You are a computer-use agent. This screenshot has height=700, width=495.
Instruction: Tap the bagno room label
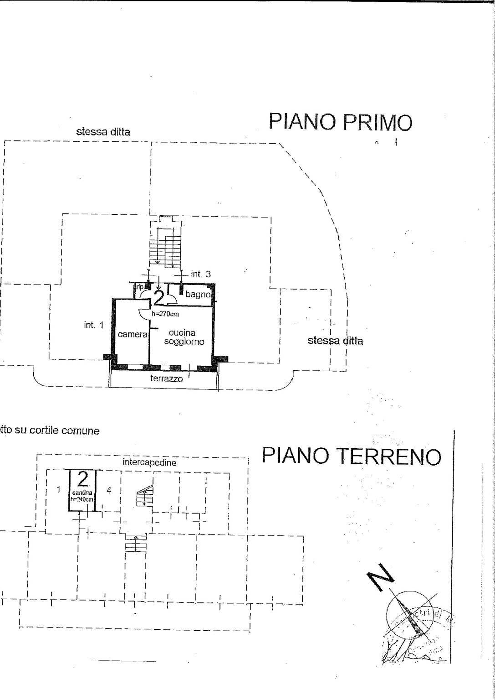point(198,295)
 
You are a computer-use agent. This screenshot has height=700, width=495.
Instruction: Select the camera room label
point(133,334)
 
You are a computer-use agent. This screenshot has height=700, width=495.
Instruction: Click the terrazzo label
point(167,379)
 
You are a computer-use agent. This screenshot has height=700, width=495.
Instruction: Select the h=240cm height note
point(82,499)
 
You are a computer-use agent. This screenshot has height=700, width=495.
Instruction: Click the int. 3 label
point(201,274)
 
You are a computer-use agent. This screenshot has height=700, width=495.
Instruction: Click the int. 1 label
point(94,325)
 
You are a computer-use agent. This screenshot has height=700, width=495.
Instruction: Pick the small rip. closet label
point(140,287)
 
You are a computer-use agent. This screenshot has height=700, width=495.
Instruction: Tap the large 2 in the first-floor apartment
point(158,298)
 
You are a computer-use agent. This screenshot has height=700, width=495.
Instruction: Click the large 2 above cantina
point(83,479)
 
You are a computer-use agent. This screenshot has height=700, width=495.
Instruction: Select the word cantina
point(82,493)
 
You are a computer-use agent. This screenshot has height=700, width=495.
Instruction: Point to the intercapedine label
point(149,462)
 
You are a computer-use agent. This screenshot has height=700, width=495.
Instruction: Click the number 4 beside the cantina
point(108,490)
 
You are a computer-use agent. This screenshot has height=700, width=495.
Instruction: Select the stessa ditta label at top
point(103,132)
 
